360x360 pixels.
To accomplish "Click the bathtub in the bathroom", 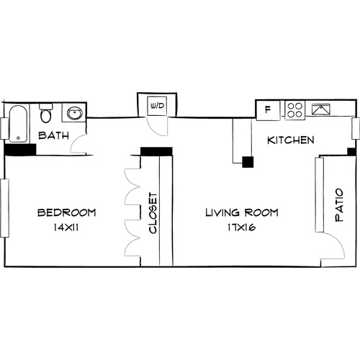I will tap(19, 123).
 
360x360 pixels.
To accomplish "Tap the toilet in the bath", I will tap(46, 114).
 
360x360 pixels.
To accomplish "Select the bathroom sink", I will tap(73, 113).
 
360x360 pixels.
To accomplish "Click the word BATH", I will tap(53, 135).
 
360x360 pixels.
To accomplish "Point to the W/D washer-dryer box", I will tap(156, 106).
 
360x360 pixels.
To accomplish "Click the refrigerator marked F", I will tap(269, 110).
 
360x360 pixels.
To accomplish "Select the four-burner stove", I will tap(294, 110).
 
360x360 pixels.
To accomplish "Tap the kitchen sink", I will tap(322, 110).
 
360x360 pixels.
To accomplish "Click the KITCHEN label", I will tap(290, 140).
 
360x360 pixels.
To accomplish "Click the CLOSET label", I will tap(153, 214).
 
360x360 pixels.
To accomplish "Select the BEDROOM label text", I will tap(66, 212).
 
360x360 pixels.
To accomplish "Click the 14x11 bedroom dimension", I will tap(66, 228).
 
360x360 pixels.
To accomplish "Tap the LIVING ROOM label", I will tap(241, 212).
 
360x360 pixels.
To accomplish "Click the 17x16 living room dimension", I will tap(241, 228).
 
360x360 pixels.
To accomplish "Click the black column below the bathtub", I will tap(20, 150).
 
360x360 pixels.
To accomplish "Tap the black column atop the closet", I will tap(156, 151).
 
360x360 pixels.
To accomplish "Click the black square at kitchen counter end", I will tap(248, 163).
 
